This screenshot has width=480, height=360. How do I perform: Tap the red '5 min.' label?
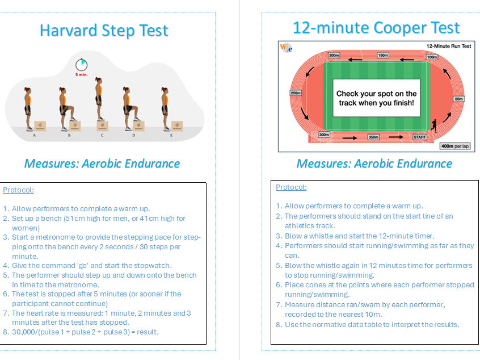coord(82,74)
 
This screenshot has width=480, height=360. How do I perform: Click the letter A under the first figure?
coord(35,135)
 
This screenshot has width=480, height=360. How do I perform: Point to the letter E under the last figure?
coord(165,135)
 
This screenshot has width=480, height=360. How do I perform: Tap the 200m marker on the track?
coord(334,56)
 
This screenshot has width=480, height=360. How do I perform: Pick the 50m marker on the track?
coord(458,99)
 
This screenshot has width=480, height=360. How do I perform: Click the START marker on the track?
coord(420,137)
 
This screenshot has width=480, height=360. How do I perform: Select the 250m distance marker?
coord(295,93)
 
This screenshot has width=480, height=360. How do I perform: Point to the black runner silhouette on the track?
coord(433,125)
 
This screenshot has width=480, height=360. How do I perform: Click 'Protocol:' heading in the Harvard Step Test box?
coord(18,190)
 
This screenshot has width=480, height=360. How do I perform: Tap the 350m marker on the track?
coord(373,137)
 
